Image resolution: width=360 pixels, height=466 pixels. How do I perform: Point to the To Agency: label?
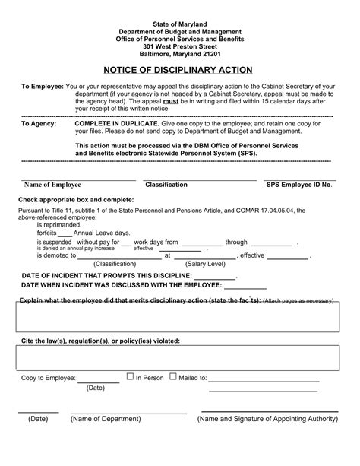coord(37,122)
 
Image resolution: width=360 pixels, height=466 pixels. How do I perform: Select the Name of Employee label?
coord(52,184)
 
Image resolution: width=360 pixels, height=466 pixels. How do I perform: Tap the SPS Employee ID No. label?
coord(299,184)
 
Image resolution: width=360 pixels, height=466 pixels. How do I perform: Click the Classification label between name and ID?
coord(166,184)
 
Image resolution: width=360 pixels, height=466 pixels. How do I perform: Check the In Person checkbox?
coord(130,376)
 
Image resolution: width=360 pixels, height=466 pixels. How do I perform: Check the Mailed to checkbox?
coord(173,376)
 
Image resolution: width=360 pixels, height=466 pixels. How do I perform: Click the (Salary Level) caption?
coord(206,262)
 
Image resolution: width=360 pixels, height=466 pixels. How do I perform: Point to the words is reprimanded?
coord(58,226)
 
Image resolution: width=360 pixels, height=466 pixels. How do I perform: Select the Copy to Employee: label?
coord(48,377)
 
